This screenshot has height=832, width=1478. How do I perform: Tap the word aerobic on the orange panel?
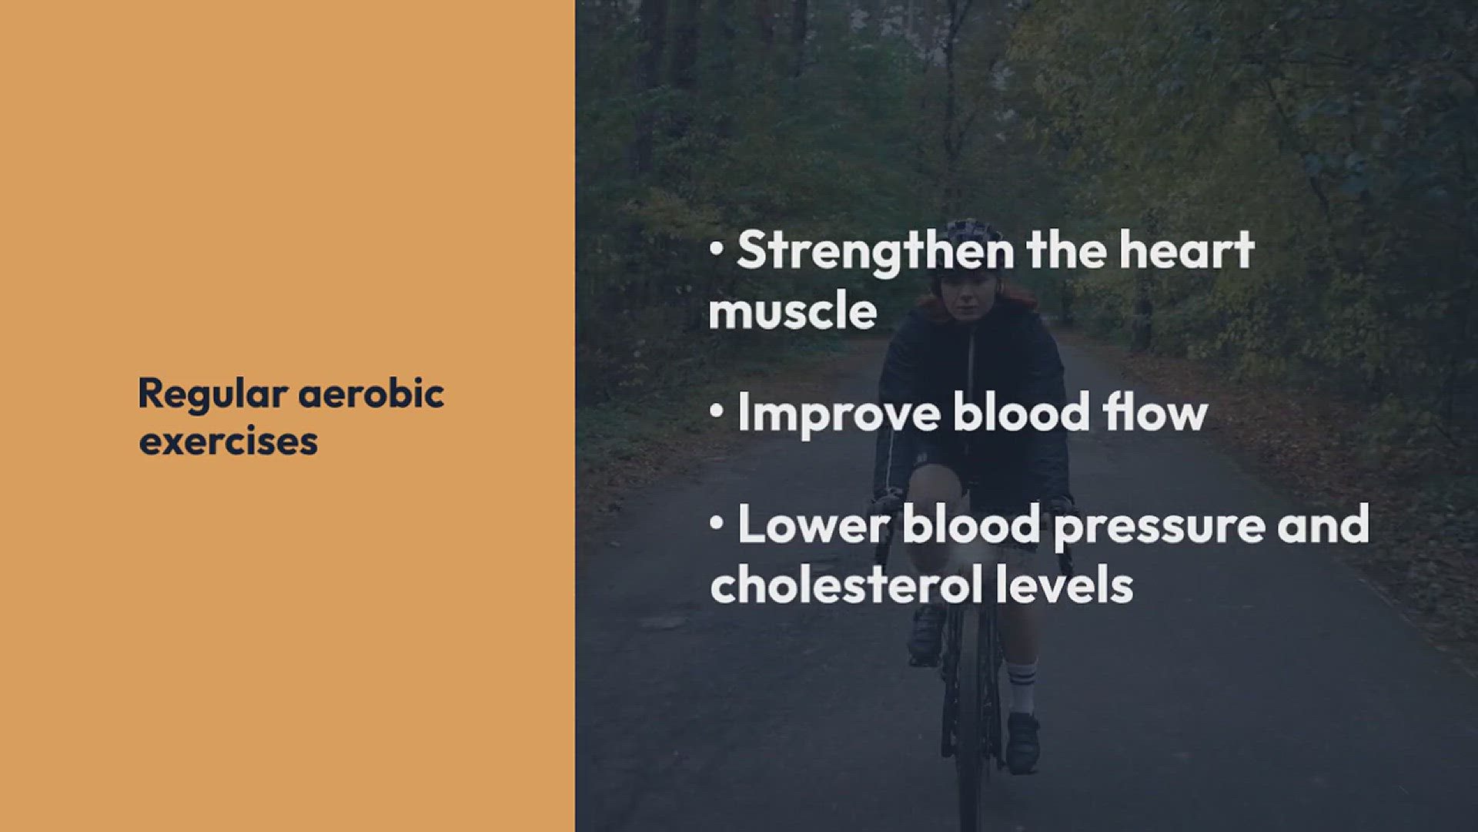(371, 394)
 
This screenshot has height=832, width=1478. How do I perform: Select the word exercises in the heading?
(229, 441)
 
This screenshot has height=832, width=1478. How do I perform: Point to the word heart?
(1187, 251)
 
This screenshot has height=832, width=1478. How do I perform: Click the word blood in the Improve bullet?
(1022, 411)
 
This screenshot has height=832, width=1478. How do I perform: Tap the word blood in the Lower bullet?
(971, 524)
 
